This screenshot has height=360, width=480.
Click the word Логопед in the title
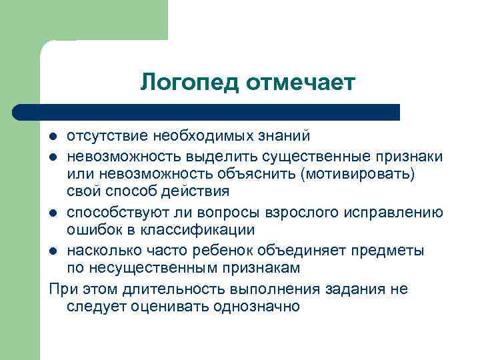190,83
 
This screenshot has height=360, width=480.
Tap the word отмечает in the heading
301,83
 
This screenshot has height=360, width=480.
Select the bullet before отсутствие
54,137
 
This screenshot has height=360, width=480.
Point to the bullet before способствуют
54,213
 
